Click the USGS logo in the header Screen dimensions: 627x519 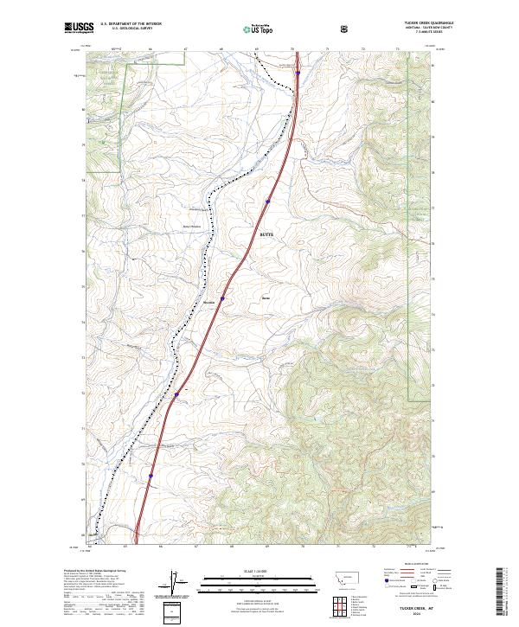[76, 29]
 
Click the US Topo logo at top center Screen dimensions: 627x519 [257, 29]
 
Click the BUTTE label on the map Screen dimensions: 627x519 [266, 234]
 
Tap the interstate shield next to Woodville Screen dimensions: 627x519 [222, 298]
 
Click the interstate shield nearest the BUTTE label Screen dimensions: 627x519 [268, 202]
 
